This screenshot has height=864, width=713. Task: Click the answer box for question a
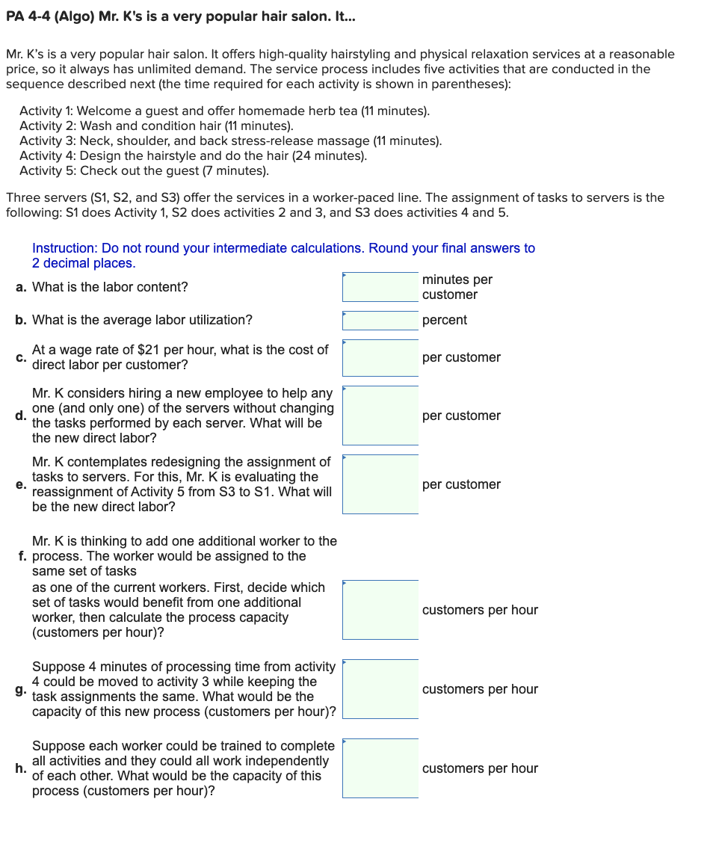(380, 287)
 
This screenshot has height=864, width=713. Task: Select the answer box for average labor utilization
(380, 321)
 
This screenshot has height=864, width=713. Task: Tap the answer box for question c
(380, 358)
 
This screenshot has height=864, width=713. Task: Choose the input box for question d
(380, 416)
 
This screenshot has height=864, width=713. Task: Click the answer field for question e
(380, 484)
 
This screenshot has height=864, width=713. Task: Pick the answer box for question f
(380, 610)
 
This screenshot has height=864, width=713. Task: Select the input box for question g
(380, 689)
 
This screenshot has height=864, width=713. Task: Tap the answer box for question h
(380, 768)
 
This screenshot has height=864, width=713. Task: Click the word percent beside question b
(445, 320)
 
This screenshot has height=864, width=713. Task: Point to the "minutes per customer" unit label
(457, 287)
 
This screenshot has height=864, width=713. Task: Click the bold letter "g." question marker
(22, 689)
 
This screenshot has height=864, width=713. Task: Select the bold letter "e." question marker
(22, 484)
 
